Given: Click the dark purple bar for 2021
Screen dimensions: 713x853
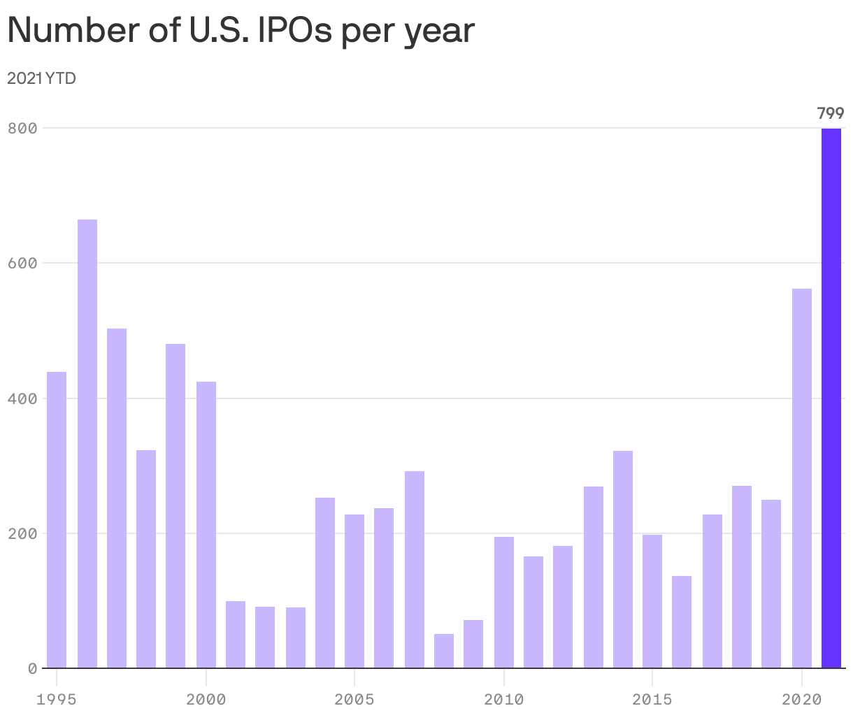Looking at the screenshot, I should [x=831, y=398].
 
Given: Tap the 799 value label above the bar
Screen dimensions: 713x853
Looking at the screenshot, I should [x=831, y=113].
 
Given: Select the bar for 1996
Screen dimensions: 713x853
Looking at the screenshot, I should [x=87, y=444].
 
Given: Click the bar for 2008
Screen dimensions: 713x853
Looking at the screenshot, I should [x=444, y=651].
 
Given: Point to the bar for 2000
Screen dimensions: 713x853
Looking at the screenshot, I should [x=206, y=524].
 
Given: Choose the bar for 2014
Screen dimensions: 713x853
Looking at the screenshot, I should [x=623, y=559].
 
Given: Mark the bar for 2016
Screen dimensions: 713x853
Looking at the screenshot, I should [x=682, y=622].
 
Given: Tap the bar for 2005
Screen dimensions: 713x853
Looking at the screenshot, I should [x=354, y=591].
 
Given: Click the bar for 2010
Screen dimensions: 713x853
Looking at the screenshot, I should [x=504, y=602].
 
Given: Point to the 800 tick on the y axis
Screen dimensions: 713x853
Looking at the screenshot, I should [x=22, y=128].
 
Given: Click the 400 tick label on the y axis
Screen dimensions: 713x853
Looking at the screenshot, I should [x=22, y=398].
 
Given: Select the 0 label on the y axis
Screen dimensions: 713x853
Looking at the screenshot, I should [x=32, y=669].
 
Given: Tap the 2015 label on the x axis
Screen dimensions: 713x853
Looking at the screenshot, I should [x=652, y=699].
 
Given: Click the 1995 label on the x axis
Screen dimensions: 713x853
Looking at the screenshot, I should [x=57, y=699].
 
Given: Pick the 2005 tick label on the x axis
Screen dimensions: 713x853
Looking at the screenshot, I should [x=354, y=699].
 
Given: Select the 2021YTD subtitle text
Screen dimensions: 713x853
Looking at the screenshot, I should [x=41, y=78].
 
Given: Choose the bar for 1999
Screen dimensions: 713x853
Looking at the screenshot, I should [x=175, y=505].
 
